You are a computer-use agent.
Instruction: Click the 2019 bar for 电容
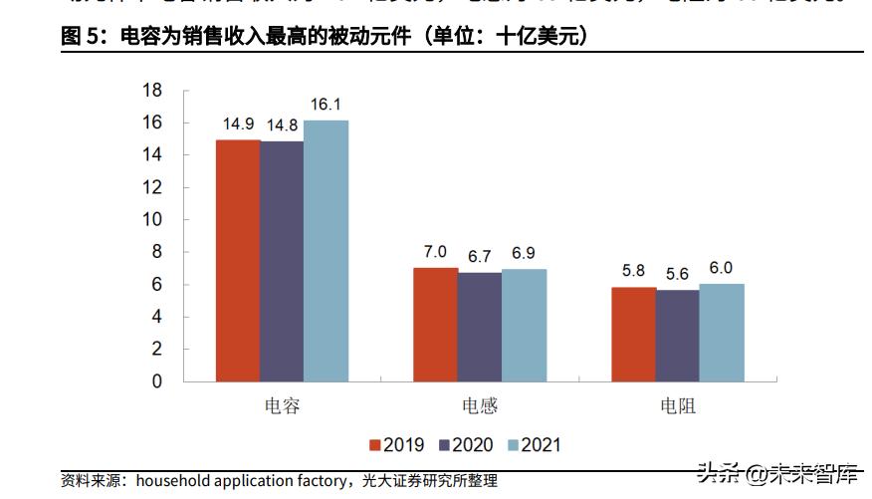[x=238, y=261]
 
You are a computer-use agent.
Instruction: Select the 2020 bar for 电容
[x=282, y=262]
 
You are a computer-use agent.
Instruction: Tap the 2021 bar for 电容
[x=326, y=251]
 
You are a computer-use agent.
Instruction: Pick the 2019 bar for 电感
[x=435, y=325]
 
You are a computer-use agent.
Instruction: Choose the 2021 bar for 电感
[x=524, y=326]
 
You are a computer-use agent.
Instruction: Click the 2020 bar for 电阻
[x=677, y=336]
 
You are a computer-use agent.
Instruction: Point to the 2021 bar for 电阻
[x=721, y=333]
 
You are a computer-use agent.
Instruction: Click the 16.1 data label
[x=327, y=105]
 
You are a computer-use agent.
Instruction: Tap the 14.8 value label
[x=282, y=125]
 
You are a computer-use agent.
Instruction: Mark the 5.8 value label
[x=633, y=271]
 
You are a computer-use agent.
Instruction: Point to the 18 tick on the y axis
[x=152, y=91]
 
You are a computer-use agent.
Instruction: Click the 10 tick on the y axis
[x=152, y=220]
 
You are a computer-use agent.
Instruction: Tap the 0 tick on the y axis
[x=156, y=381]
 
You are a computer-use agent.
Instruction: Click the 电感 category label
[x=480, y=405]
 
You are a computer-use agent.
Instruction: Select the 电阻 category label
[x=677, y=405]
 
